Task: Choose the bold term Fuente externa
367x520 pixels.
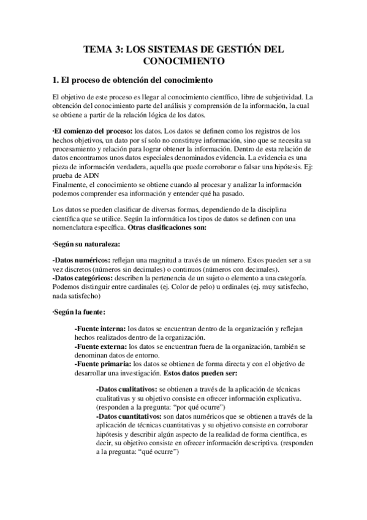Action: [102, 346]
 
